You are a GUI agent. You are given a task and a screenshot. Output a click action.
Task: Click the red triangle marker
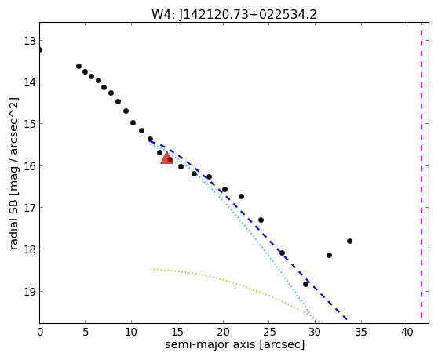tap(166, 158)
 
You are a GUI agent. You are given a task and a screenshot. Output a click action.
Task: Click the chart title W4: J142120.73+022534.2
tap(234, 14)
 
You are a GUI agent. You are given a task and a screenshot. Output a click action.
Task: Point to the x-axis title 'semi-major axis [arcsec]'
tap(235, 344)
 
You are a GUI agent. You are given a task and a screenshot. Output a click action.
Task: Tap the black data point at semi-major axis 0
tap(40, 50)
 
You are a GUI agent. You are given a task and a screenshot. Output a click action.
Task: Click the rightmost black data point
tap(349, 241)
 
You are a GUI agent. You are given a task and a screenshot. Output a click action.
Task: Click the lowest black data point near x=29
tap(305, 285)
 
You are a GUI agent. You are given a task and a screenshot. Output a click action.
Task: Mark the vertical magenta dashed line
tap(421, 173)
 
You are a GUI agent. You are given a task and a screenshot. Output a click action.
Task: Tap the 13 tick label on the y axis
tap(29, 41)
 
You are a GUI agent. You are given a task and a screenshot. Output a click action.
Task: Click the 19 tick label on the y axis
tap(29, 291)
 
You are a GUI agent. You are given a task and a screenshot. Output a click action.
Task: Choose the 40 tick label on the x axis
tap(407, 332)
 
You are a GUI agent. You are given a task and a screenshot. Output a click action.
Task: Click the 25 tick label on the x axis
tap(269, 332)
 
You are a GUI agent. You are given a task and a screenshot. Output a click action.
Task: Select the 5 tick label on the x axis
tap(86, 332)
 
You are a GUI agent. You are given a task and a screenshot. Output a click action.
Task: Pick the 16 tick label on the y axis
tap(29, 165)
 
